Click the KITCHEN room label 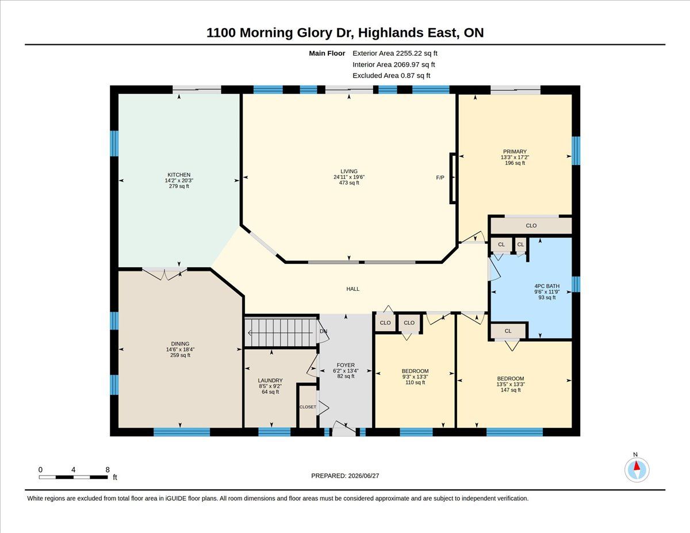179,175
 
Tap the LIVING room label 349,171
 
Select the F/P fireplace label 440,178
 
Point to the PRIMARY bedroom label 515,151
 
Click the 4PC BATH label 547,286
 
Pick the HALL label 353,289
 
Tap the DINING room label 180,343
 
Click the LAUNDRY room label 270,380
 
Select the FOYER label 346,365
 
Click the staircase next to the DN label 281,332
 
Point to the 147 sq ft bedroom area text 511,390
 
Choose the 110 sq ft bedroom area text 415,382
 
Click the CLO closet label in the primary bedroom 531,225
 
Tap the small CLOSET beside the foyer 308,407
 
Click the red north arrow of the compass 637,466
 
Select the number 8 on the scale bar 108,470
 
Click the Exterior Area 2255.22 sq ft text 394,53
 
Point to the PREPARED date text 345,476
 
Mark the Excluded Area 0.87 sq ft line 391,75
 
